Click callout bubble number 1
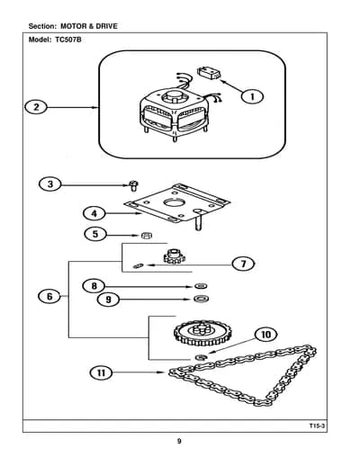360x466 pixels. pos(253,96)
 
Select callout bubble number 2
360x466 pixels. pos(36,107)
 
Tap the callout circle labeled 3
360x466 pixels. pos(50,184)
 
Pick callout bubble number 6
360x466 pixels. pos(49,297)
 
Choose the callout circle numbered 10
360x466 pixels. pos(266,335)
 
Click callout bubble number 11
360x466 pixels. pos(102,372)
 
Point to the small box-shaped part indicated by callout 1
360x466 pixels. pos(209,74)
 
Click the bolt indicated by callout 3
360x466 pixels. pos(133,185)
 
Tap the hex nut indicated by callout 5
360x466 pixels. pos(147,236)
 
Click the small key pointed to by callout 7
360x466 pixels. pos(139,265)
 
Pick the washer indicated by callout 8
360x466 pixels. pos(202,286)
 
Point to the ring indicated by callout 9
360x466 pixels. pos(202,299)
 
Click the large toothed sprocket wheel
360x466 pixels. pos(203,333)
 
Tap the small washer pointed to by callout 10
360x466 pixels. pos(201,357)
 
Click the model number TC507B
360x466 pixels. pos(68,40)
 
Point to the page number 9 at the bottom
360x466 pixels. pos(179,441)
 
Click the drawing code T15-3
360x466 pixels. pos(318,426)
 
